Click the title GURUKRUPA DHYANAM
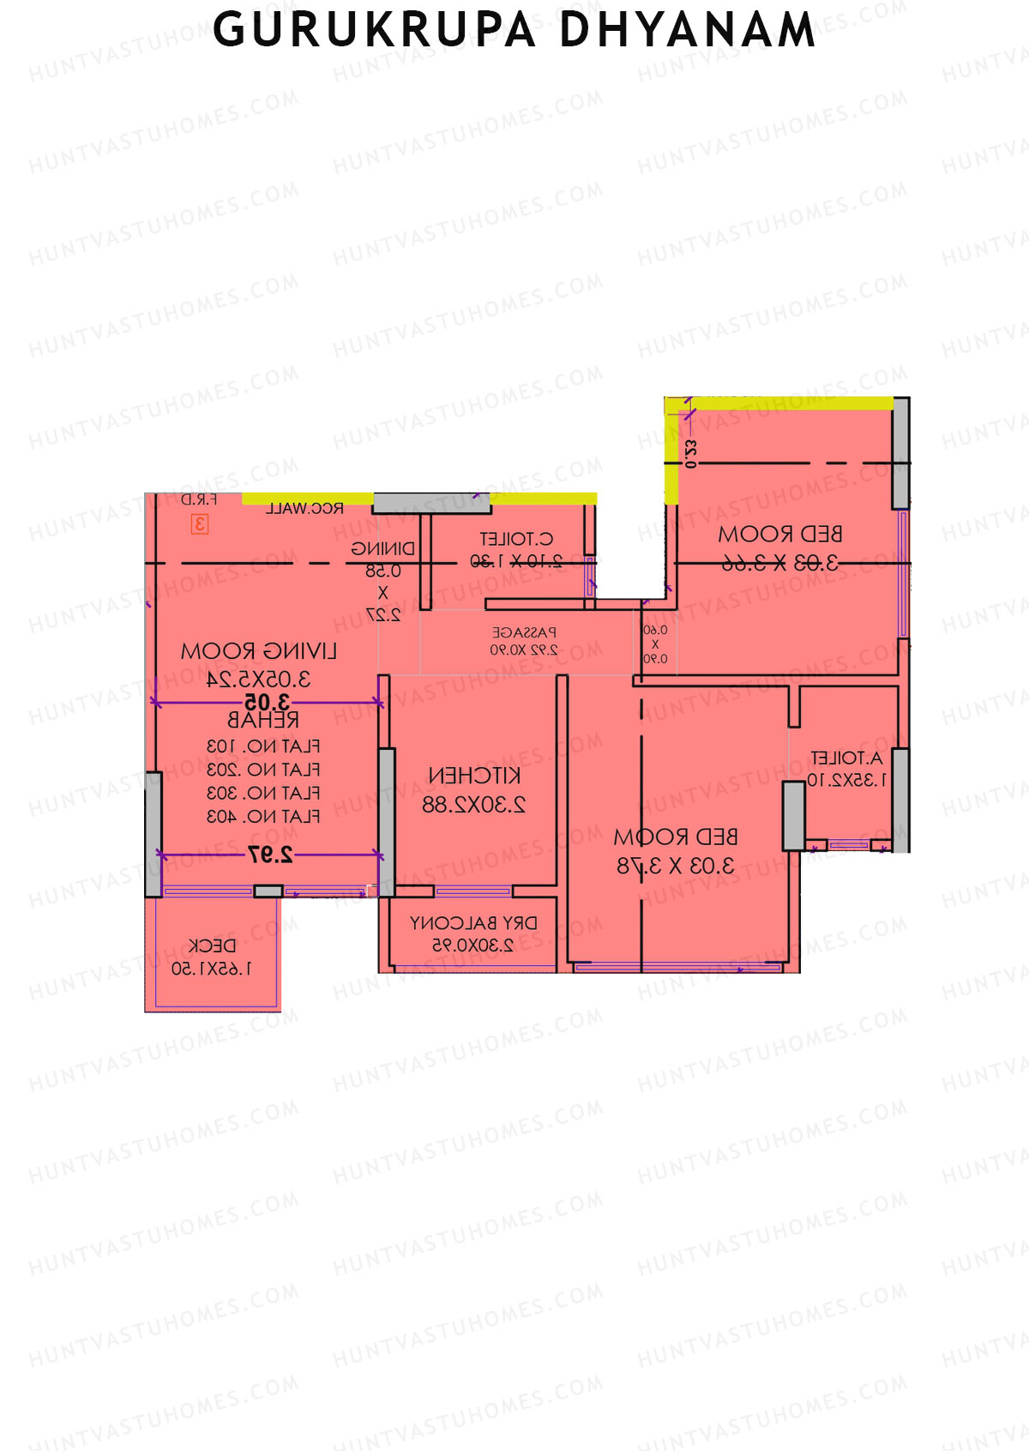click(514, 31)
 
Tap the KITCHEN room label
click(474, 776)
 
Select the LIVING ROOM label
click(258, 651)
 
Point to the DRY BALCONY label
click(473, 923)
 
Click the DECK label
click(212, 945)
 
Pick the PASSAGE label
click(524, 632)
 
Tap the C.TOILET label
click(516, 539)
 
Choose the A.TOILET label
click(846, 758)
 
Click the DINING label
click(382, 549)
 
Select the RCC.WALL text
click(304, 508)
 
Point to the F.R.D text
click(199, 499)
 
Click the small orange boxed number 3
click(200, 523)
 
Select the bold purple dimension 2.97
click(270, 854)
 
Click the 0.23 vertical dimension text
click(691, 453)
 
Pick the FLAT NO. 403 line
click(263, 816)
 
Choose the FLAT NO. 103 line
click(263, 746)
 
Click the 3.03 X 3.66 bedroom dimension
click(779, 563)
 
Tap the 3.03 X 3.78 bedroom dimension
click(676, 866)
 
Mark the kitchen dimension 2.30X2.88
click(473, 805)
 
